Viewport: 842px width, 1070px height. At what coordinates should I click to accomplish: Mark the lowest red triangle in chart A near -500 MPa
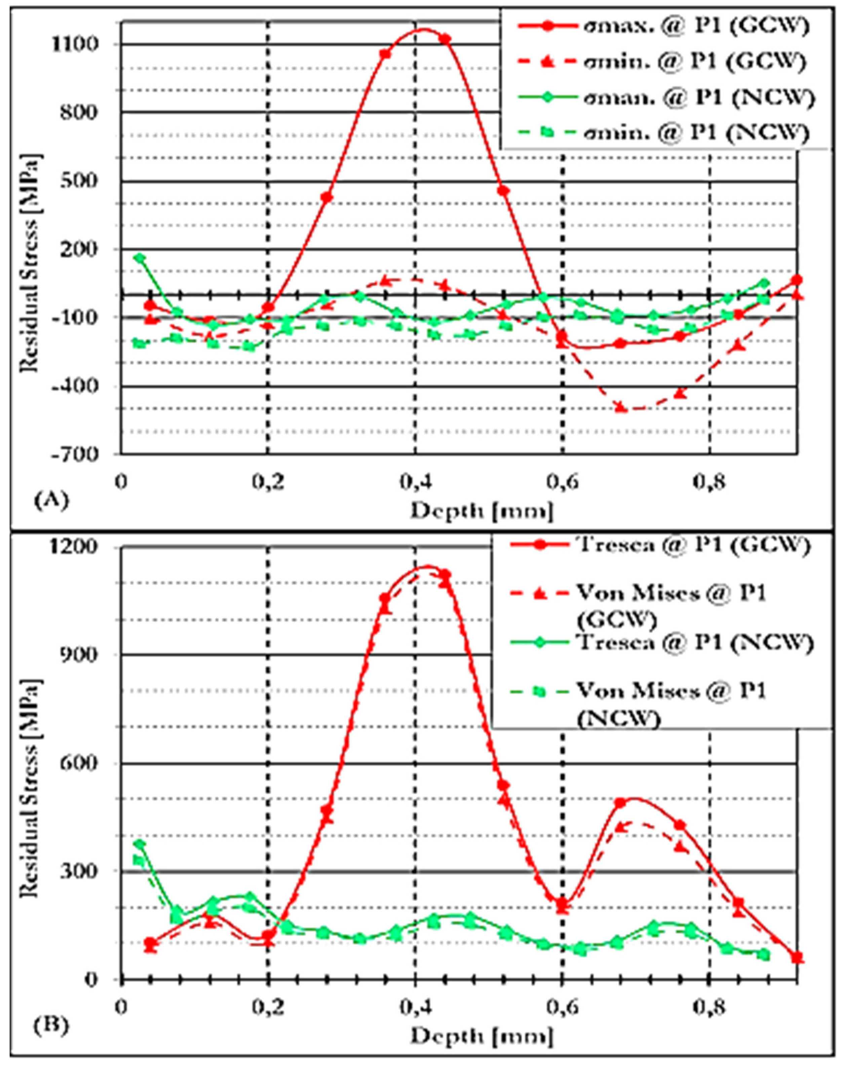point(621,408)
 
